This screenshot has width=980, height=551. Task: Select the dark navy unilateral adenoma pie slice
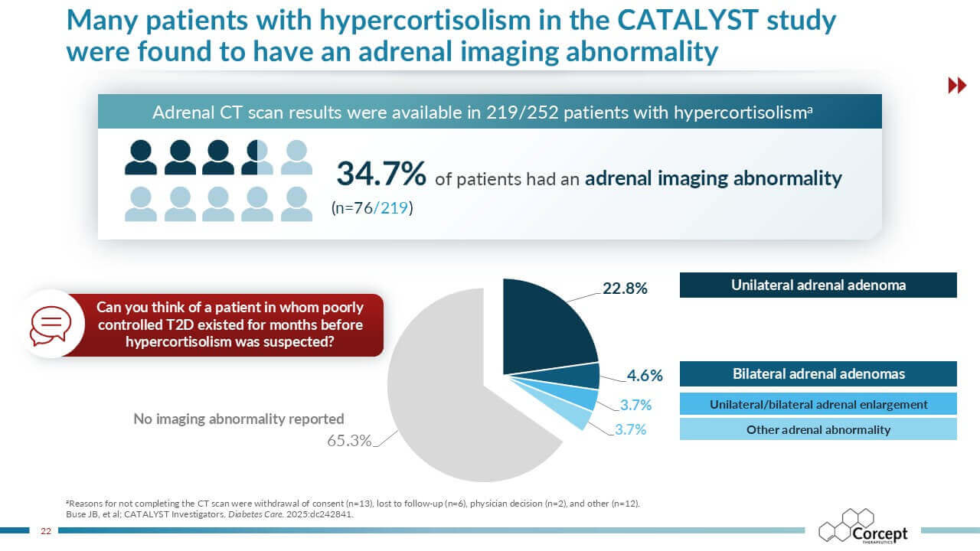click(545, 325)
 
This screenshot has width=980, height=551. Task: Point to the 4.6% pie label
click(645, 376)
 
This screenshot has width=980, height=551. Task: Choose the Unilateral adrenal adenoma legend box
click(818, 285)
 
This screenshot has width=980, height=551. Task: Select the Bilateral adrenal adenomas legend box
click(818, 373)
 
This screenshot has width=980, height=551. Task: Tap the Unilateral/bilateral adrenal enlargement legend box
click(818, 404)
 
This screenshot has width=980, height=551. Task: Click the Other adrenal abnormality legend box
click(818, 429)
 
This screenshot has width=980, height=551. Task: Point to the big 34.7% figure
click(381, 174)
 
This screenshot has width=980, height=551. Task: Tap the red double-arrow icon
click(957, 86)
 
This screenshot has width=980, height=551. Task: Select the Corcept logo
click(862, 527)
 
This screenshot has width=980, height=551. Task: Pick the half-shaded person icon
click(257, 157)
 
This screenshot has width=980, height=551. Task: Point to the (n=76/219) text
click(372, 207)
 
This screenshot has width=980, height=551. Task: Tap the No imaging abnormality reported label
click(239, 419)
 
